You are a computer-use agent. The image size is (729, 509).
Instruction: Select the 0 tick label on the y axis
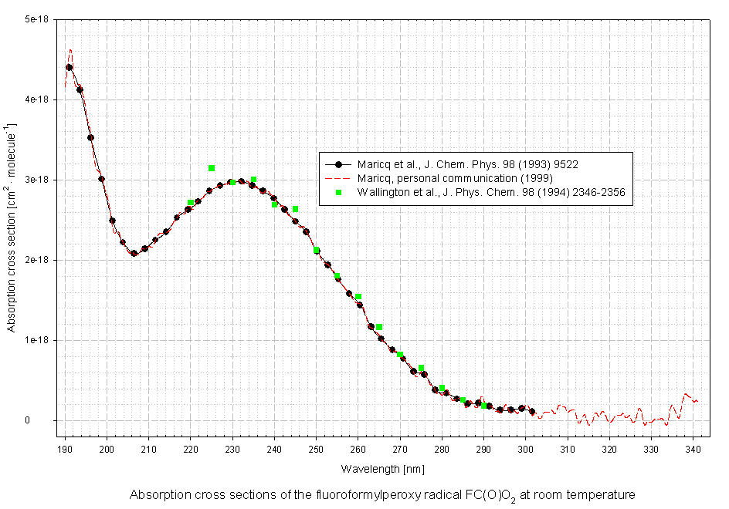(x=48, y=420)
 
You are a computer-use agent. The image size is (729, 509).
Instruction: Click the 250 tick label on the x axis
(x=316, y=448)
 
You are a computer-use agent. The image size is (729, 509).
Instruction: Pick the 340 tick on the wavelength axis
(x=693, y=448)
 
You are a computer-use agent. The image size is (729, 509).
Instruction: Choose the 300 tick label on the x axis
(x=525, y=448)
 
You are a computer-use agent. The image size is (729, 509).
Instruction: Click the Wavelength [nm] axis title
(x=382, y=468)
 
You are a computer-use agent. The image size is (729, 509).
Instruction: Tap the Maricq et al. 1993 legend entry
(x=468, y=164)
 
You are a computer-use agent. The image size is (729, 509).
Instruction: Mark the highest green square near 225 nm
(x=212, y=168)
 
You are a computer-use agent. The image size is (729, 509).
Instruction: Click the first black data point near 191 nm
(x=70, y=67)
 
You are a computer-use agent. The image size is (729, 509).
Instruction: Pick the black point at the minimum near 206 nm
(x=134, y=253)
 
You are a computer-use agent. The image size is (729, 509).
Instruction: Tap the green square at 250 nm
(x=317, y=250)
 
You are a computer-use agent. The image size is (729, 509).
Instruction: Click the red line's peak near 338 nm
(x=687, y=394)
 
